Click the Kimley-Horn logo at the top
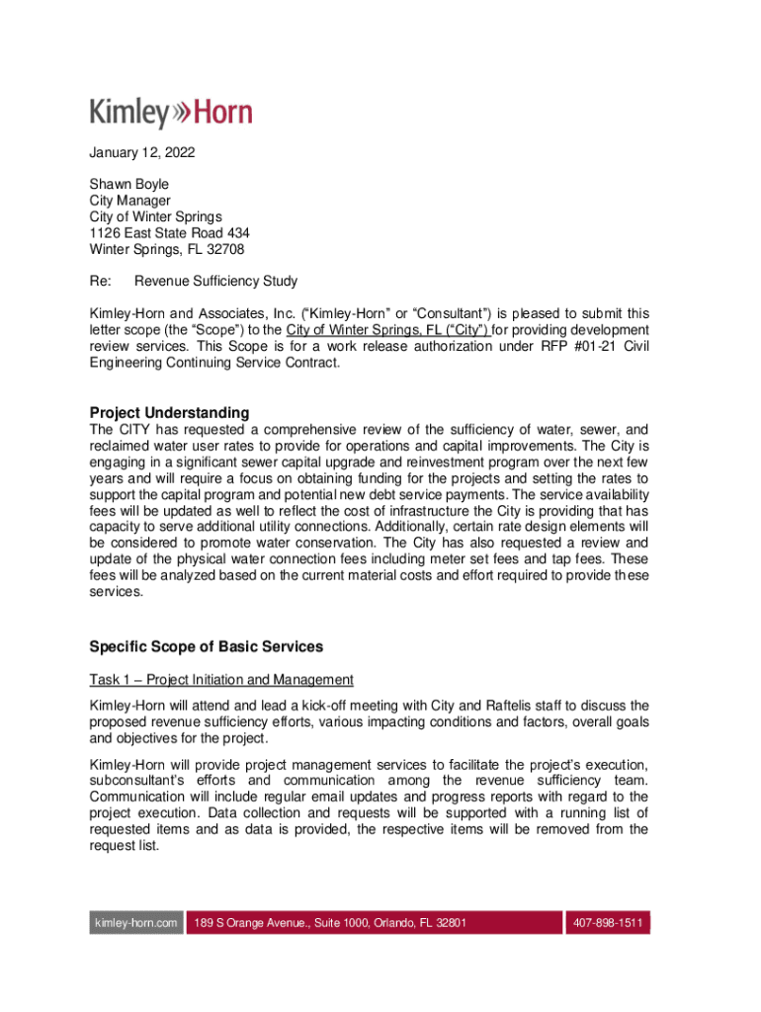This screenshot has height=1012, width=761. coord(171,113)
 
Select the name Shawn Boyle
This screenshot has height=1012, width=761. coord(128,184)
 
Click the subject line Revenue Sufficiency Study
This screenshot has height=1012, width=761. coord(215,282)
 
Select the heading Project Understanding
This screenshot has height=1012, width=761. coord(169,412)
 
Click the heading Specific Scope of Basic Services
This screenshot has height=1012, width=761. coord(206,647)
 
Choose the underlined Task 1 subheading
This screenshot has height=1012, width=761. coord(221,680)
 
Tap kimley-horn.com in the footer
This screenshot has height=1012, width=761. coord(135,923)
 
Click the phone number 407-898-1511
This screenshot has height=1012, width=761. coord(606,923)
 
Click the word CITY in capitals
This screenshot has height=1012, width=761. coord(136,430)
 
